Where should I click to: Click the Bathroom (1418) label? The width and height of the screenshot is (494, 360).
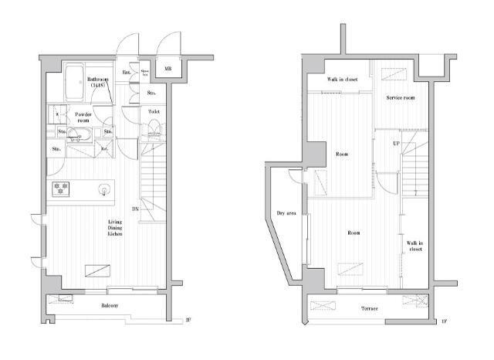98,81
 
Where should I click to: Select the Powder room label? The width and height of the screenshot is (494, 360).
83,117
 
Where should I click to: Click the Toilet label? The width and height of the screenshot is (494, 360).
153,111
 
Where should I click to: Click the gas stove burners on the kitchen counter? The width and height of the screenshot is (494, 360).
61,187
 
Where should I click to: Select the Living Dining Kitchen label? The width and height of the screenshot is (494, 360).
113,228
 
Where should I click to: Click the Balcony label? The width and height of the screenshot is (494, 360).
109,306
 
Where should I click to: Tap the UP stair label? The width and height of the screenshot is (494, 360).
395,144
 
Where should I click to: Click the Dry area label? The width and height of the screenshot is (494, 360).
286,213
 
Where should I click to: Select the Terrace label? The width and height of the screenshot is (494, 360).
370,309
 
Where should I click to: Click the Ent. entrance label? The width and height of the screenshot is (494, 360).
127,73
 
